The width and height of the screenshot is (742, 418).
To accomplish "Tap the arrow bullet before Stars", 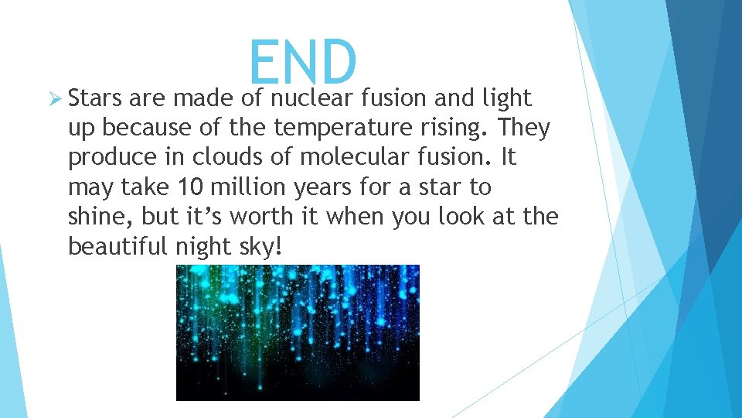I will [53, 99].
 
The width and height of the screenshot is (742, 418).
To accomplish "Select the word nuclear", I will [313, 99].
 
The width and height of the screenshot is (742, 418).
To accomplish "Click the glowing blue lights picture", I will [298, 332].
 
